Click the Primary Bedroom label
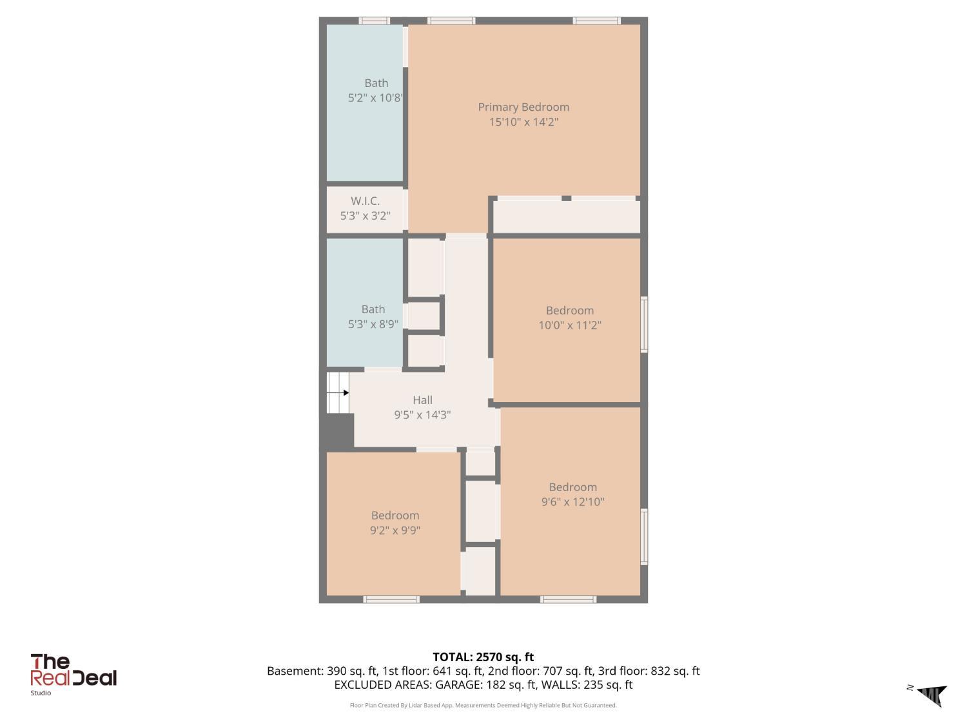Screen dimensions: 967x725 [523, 107]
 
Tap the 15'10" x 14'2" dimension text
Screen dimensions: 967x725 [523, 122]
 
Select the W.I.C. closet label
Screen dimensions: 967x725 [366, 201]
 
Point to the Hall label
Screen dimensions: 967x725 [422, 400]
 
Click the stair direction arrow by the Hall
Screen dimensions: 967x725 [338, 392]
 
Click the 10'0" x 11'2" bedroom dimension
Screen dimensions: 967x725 [570, 325]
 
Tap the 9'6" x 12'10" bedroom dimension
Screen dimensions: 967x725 [572, 502]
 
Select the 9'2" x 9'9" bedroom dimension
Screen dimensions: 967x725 [395, 530]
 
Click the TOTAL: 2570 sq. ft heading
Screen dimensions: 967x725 [484, 657]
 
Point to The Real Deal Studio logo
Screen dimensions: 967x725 [73, 675]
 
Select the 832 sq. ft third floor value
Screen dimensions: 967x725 [675, 671]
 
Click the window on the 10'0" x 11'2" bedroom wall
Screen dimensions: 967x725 [644, 324]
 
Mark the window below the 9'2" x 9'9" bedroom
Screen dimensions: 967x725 [391, 599]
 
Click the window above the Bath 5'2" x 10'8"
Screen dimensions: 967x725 [374, 21]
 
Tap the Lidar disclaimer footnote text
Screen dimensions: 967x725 [484, 705]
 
